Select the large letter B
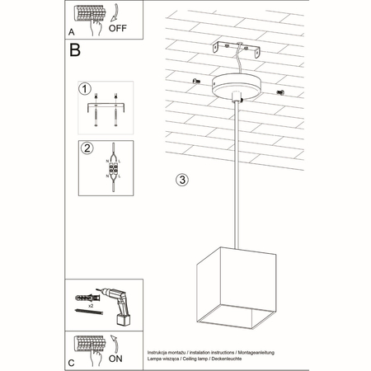[75, 51]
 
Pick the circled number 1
[83, 87]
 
